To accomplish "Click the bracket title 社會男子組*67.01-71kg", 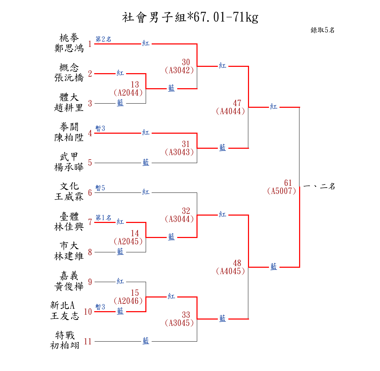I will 190,17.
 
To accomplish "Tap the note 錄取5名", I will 323,30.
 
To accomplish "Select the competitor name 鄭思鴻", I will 69,48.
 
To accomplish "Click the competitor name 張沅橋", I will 69,78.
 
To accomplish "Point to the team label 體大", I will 69,97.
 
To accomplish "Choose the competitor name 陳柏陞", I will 69,137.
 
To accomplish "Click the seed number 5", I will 90,163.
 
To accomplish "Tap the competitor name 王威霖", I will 69,197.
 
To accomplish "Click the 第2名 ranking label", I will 103,40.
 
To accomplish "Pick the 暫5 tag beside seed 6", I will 100,188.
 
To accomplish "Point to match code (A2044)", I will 128,92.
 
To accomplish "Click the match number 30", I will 186,62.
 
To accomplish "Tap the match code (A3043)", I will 179,152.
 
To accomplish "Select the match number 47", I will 237,103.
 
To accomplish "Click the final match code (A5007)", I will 282,191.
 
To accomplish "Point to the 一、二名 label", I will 319,187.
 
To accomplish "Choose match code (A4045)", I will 230,271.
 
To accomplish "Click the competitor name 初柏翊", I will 65,345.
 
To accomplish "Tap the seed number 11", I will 88,342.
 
